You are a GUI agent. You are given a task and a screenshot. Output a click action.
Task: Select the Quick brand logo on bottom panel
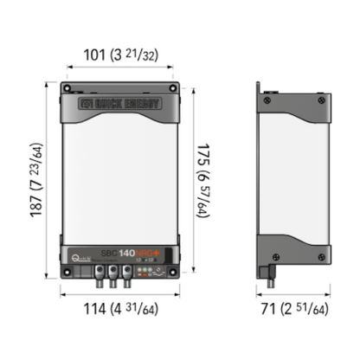(81, 255)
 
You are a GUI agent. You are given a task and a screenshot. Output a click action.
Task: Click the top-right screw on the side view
(322, 102)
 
